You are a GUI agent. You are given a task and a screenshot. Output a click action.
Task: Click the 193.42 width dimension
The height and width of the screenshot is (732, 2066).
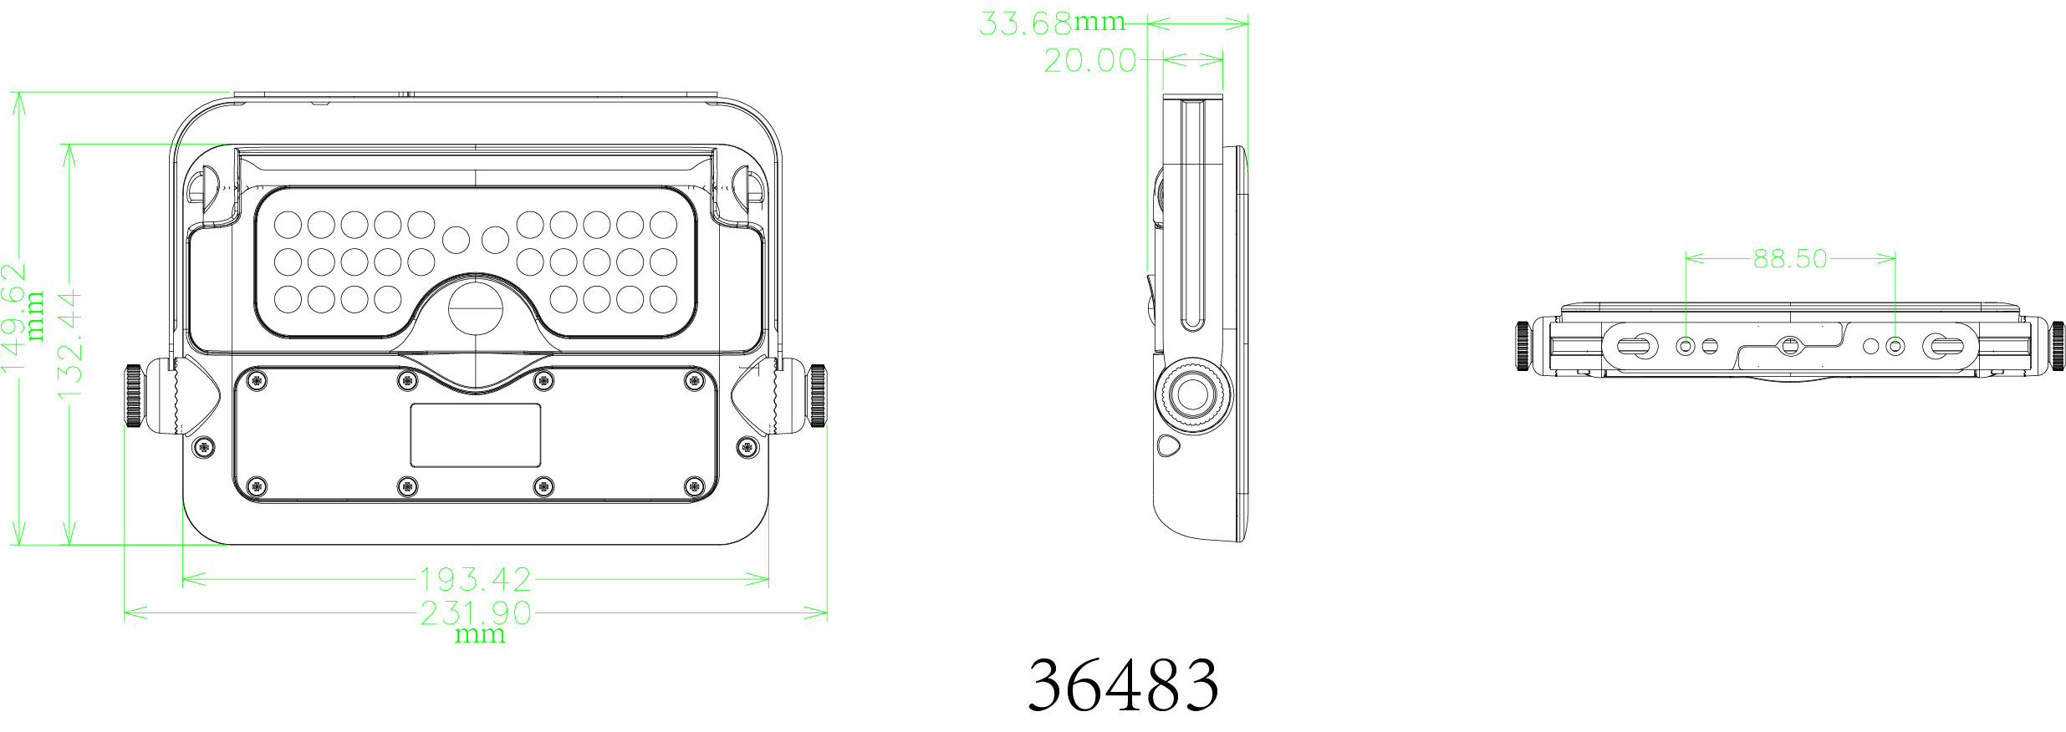(475, 578)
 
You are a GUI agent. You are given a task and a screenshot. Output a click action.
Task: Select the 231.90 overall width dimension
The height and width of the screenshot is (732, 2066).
(475, 613)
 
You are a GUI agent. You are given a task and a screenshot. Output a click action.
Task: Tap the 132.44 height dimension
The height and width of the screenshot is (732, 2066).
(69, 343)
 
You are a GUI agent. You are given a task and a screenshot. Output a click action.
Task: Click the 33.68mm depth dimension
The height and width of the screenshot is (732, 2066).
(1052, 23)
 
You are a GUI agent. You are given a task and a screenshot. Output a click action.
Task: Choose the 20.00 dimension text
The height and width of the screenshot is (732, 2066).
(1090, 60)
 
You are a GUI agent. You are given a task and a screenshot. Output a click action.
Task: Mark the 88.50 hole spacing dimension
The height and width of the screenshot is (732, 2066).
(1790, 258)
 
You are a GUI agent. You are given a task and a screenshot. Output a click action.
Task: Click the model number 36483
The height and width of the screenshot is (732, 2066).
(1123, 684)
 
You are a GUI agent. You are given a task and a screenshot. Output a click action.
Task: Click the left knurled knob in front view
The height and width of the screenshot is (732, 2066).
(134, 395)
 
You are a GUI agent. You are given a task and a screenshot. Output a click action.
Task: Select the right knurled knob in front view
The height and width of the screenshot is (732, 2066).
(817, 395)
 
